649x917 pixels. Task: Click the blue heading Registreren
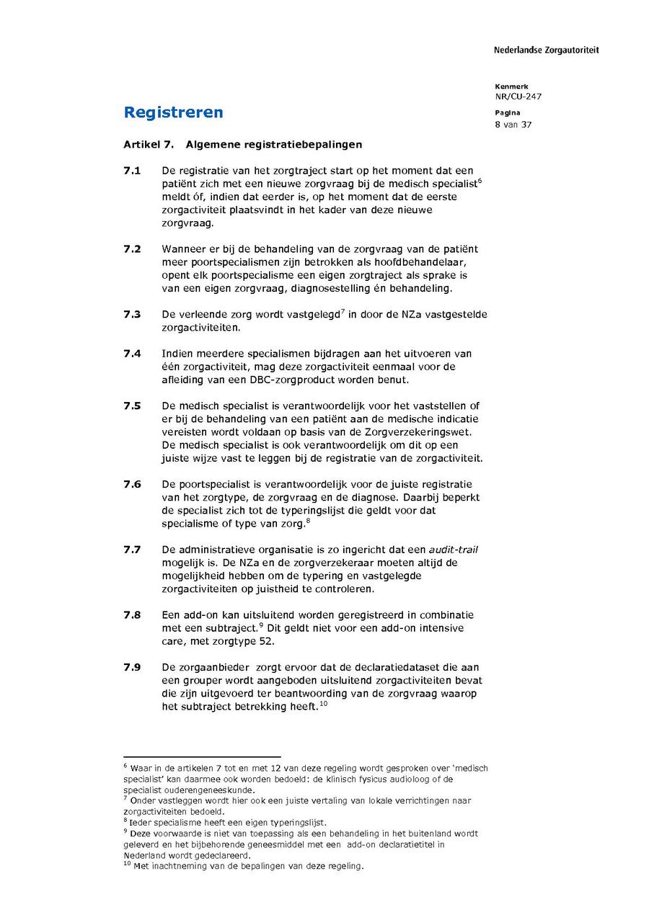(173, 112)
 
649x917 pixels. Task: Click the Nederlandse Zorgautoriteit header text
(546, 50)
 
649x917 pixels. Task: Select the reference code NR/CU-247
(518, 97)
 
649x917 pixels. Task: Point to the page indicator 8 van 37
(513, 125)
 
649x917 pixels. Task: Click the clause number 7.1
(132, 171)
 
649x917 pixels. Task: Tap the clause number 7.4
(132, 354)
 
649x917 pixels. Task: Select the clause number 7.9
(132, 668)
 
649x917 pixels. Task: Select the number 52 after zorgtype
(267, 641)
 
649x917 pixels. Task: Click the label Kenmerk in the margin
(511, 86)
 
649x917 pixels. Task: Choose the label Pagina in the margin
(507, 113)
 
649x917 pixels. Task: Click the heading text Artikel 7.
(149, 145)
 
